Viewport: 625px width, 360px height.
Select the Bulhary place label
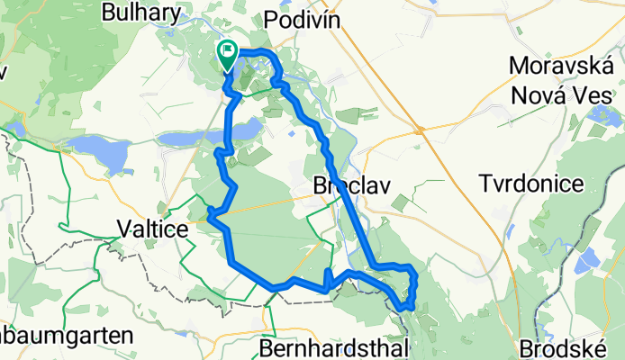145,13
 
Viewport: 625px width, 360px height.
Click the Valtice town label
153,230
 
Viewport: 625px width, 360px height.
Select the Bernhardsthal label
335,347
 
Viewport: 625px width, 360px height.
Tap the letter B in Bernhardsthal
266,347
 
